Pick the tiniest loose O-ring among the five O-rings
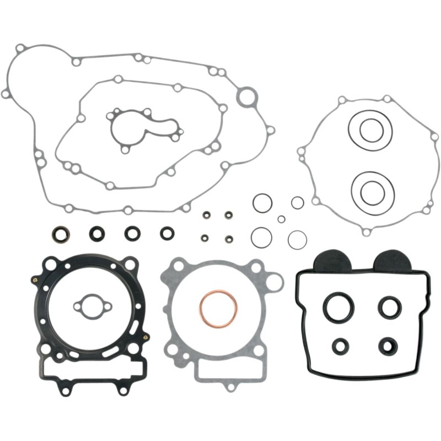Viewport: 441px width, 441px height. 281,219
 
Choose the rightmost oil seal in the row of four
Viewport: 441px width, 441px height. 166,233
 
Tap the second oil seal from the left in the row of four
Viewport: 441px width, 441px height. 96,234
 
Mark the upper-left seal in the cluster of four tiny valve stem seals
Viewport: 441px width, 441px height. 206,214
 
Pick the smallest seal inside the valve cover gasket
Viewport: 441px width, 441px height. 341,346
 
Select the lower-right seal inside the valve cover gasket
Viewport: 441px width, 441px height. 388,346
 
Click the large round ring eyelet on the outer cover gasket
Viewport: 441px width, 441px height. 247,98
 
